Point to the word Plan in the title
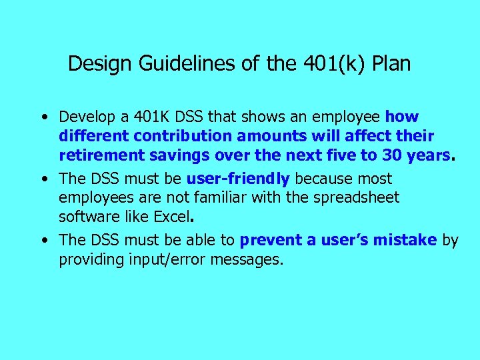391,64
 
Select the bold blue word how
402,117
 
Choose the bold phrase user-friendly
238,179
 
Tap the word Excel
171,217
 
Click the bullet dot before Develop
43,117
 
